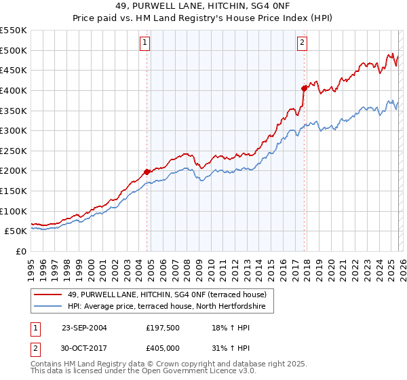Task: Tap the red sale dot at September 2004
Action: pyautogui.click(x=147, y=172)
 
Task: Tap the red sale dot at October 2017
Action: pyautogui.click(x=304, y=88)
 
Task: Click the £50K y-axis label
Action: pyautogui.click(x=16, y=231)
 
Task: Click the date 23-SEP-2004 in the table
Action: pyautogui.click(x=84, y=327)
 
